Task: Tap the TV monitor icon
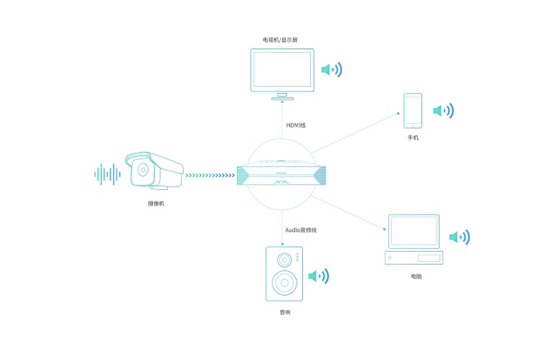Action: (x=282, y=71)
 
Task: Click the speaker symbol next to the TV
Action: (x=331, y=70)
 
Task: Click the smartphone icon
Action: (x=412, y=110)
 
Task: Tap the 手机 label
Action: (x=412, y=138)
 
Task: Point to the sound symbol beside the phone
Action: (x=443, y=111)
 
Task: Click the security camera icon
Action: (x=154, y=171)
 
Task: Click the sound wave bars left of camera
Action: (x=107, y=174)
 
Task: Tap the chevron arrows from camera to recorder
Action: (x=210, y=175)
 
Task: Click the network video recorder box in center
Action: (x=280, y=175)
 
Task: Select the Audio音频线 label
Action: (x=300, y=229)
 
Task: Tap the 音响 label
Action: (x=284, y=311)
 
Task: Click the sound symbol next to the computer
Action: (x=459, y=237)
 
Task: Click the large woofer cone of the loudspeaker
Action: (x=284, y=284)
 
